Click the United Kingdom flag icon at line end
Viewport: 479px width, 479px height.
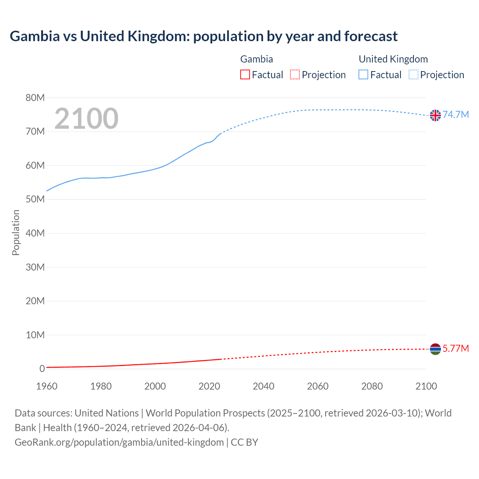pos(435,115)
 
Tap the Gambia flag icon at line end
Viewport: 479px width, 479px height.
pos(435,349)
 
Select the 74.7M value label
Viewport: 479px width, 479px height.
pos(456,115)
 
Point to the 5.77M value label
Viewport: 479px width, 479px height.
pos(456,348)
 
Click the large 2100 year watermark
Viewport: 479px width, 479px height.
pos(86,119)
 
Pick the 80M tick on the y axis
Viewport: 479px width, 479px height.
pos(35,98)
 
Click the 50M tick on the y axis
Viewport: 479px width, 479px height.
pos(35,199)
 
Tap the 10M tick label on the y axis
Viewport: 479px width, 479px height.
pos(35,335)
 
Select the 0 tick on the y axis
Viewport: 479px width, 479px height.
pos(42,369)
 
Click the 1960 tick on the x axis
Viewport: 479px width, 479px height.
pos(47,386)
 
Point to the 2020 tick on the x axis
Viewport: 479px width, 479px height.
pos(209,386)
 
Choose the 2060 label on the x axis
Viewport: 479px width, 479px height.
pos(318,386)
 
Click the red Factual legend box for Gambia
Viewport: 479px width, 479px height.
pos(245,75)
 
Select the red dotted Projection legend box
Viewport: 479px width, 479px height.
pos(295,75)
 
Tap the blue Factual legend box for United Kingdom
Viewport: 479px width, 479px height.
pos(363,75)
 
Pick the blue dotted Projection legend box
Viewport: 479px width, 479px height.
pos(414,75)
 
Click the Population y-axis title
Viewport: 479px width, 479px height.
pos(16,232)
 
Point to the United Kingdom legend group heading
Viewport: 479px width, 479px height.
pos(393,59)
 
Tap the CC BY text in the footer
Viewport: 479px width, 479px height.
pos(244,442)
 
